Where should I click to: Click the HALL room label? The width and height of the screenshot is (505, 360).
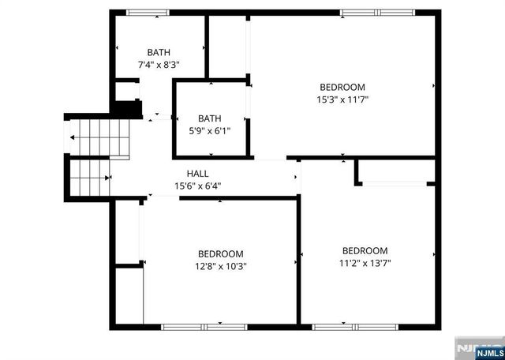pos(197,174)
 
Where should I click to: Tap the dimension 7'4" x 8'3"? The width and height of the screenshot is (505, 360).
pos(159,65)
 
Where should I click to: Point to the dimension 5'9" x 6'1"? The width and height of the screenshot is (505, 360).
pos(208,131)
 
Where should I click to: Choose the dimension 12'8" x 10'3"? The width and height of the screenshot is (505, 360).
pos(220,266)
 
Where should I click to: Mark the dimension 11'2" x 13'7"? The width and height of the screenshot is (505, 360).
pos(365,264)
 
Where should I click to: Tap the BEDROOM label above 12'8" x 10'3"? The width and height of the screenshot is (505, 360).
pos(220,253)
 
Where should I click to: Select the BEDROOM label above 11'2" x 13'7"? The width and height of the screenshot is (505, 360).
pos(365,251)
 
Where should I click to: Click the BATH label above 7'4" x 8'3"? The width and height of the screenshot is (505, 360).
pos(159,52)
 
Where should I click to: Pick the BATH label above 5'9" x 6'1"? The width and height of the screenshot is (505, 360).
pos(208,118)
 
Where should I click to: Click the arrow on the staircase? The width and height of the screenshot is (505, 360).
pos(73,137)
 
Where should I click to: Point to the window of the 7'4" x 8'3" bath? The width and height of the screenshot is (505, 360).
pos(148,12)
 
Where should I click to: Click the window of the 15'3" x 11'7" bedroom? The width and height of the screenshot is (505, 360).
pos(371,12)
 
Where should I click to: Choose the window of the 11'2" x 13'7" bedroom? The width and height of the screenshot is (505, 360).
pos(344,327)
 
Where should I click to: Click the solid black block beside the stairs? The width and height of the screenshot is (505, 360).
pos(126,109)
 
